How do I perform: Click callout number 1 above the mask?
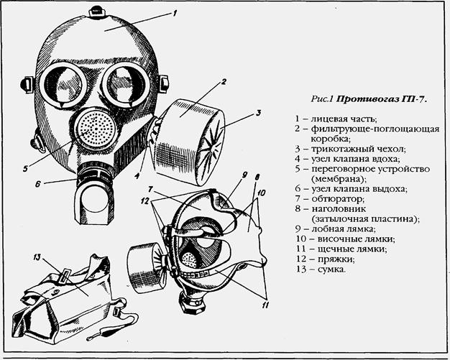click(x=175, y=13)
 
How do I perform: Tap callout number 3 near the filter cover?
click(x=258, y=113)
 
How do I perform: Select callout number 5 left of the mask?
click(x=26, y=169)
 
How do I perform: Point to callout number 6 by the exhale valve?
click(x=38, y=184)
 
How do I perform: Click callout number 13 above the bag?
click(x=37, y=257)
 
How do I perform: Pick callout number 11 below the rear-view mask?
click(x=265, y=305)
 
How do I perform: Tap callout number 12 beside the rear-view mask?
click(x=145, y=201)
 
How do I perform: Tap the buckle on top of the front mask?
click(x=96, y=11)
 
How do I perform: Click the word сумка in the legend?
click(x=331, y=269)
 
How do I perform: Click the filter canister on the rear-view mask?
click(x=147, y=268)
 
